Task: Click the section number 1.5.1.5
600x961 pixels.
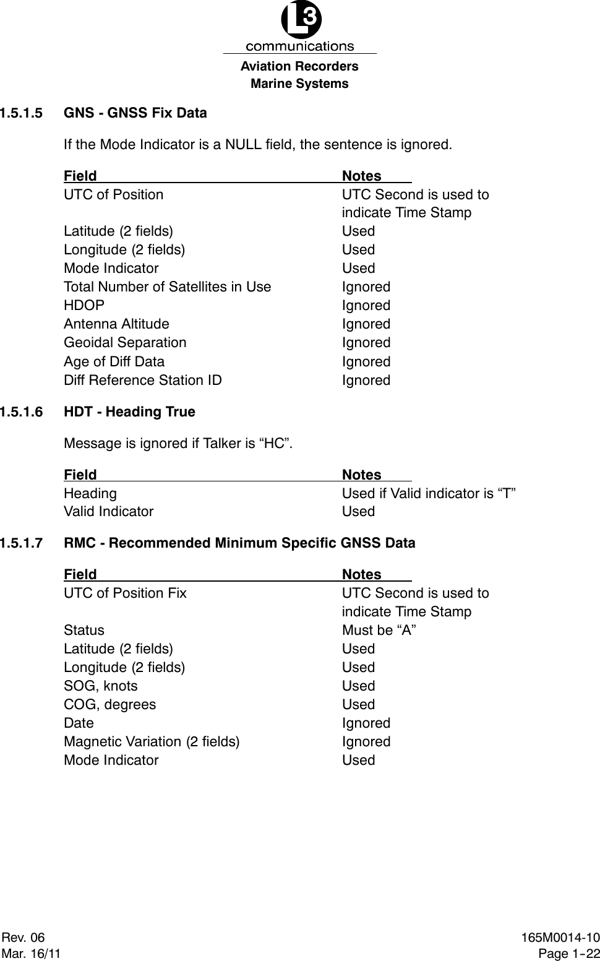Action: (x=22, y=113)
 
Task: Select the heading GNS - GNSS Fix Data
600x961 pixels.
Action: (x=135, y=113)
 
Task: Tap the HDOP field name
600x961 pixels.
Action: (x=84, y=306)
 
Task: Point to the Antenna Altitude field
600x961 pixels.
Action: (x=116, y=324)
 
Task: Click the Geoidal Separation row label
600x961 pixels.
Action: (x=125, y=343)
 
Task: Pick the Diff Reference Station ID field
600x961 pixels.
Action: (x=143, y=380)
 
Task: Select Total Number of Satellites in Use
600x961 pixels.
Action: (x=167, y=287)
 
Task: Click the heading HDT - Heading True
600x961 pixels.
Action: (x=129, y=412)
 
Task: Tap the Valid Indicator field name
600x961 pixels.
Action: (x=109, y=512)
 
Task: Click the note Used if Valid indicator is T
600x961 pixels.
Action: (x=429, y=493)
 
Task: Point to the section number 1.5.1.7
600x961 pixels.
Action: (x=22, y=543)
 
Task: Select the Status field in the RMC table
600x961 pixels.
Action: (x=84, y=631)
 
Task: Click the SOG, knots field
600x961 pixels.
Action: (x=101, y=686)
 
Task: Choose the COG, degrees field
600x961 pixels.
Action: (x=110, y=705)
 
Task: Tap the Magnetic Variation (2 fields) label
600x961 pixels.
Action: (x=152, y=742)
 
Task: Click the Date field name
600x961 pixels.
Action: (x=79, y=723)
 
